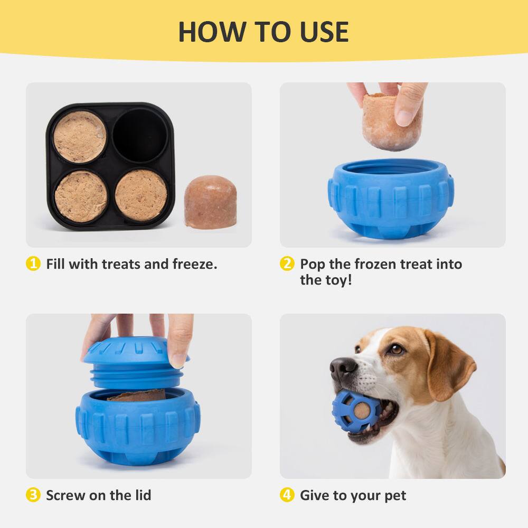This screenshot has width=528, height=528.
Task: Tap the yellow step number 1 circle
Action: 33,264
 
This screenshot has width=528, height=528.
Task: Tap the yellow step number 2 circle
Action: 287,264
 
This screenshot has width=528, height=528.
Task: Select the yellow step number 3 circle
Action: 33,495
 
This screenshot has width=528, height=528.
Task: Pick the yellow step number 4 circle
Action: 287,495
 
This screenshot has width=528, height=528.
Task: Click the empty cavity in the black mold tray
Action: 140,136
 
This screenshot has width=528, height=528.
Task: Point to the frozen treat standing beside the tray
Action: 210,202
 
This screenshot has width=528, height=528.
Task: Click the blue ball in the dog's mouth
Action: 354,411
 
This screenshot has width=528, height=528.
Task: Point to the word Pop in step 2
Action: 314,264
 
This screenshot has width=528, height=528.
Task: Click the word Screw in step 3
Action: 64,495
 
